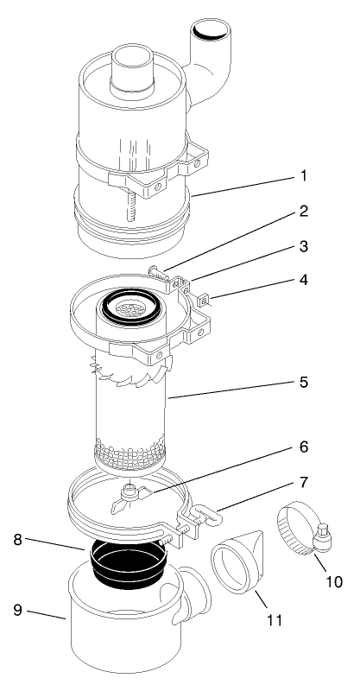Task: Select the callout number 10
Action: [334, 581]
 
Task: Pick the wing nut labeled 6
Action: [130, 493]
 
